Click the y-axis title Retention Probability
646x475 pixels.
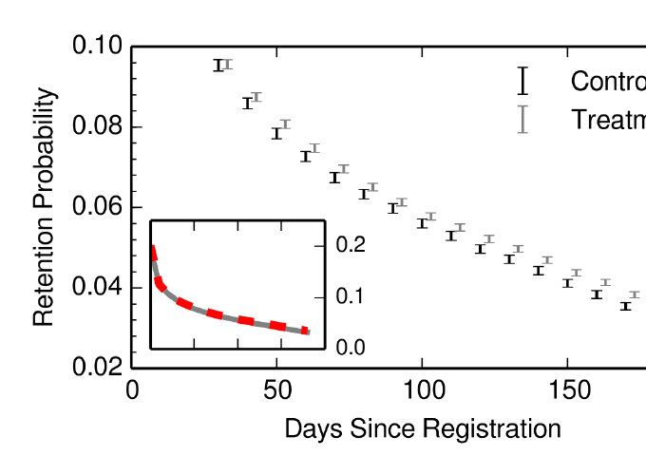click(44, 207)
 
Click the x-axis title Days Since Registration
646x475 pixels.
click(423, 428)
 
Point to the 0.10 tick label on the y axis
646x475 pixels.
click(98, 47)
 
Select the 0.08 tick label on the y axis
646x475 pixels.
click(98, 127)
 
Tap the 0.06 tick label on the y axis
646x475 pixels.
click(98, 207)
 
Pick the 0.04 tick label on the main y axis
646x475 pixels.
click(98, 288)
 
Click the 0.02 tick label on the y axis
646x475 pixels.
click(98, 368)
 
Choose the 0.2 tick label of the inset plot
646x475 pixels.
click(351, 245)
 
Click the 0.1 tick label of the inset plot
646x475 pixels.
click(351, 296)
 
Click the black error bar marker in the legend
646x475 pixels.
click(522, 81)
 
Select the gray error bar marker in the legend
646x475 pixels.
click(522, 120)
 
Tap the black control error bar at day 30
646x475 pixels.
click(218, 66)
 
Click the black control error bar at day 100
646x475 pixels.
click(422, 223)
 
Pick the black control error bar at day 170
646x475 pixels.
click(625, 306)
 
